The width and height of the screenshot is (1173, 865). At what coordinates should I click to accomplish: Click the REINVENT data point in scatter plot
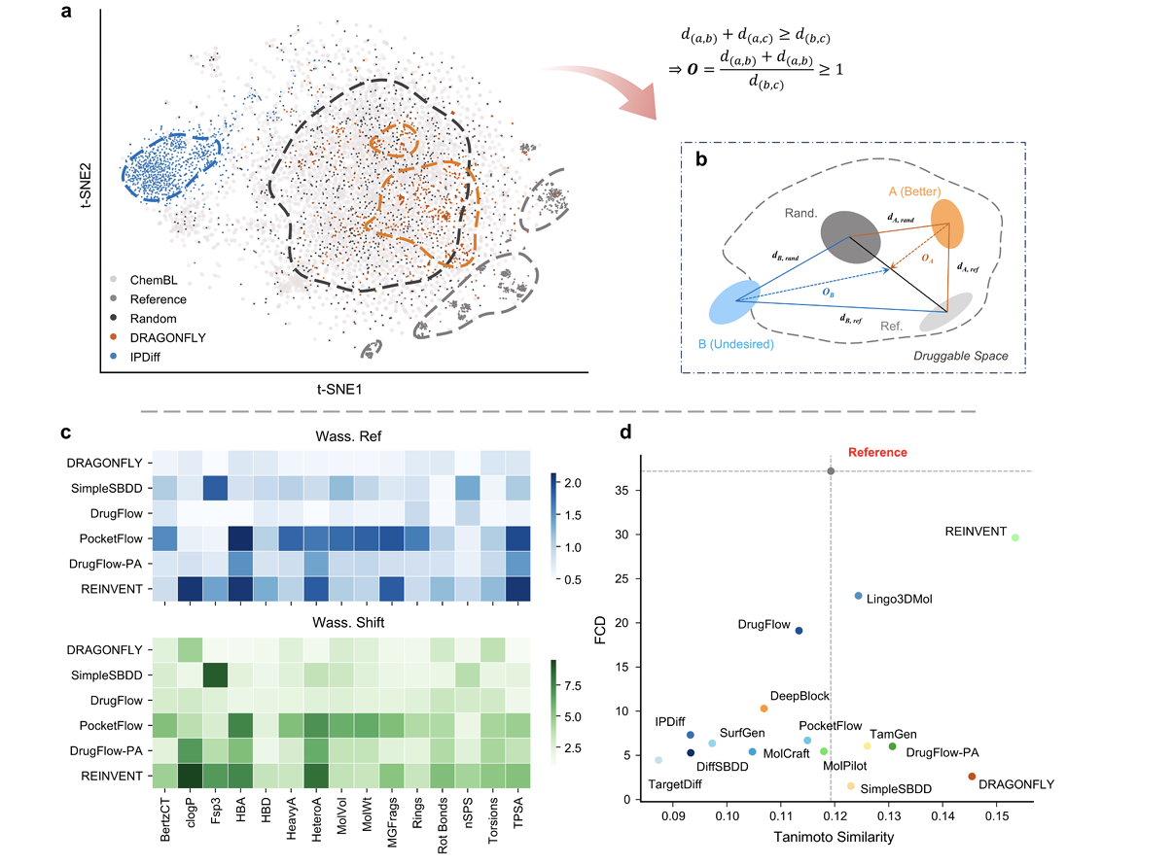pos(1014,536)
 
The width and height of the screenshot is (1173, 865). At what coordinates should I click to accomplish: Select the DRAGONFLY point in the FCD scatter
pos(972,777)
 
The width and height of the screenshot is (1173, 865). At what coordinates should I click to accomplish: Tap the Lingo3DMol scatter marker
pos(858,596)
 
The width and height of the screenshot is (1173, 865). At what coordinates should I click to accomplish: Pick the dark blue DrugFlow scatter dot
pos(799,631)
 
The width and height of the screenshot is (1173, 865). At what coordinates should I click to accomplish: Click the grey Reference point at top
pos(831,471)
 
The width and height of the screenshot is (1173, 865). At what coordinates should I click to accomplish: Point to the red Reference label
pos(877,452)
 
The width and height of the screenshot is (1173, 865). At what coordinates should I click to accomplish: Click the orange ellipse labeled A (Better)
pos(947,224)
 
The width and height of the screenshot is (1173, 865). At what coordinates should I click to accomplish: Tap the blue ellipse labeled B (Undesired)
pos(735,302)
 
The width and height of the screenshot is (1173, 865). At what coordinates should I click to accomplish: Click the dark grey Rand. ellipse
pos(849,234)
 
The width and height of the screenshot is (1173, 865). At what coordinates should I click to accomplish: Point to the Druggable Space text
pos(960,357)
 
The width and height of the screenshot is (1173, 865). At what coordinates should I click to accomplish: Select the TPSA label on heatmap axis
pos(518,821)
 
